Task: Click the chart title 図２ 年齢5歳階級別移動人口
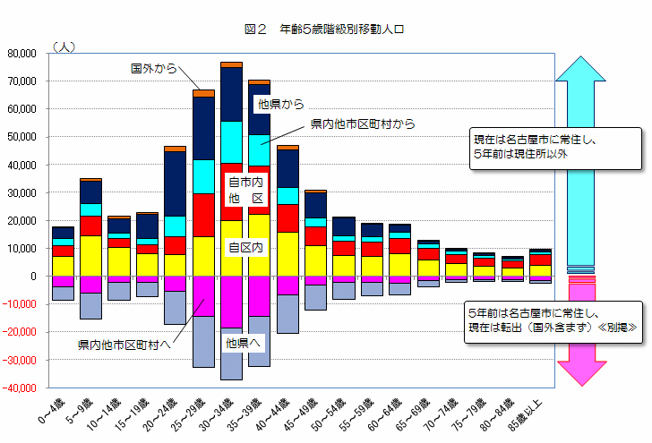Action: pos(325,30)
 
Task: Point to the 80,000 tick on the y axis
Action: pos(21,54)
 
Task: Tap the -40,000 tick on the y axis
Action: pos(19,388)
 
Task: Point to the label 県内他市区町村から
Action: pos(363,124)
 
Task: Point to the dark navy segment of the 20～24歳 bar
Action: pos(175,183)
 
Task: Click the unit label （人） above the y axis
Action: pos(64,46)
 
